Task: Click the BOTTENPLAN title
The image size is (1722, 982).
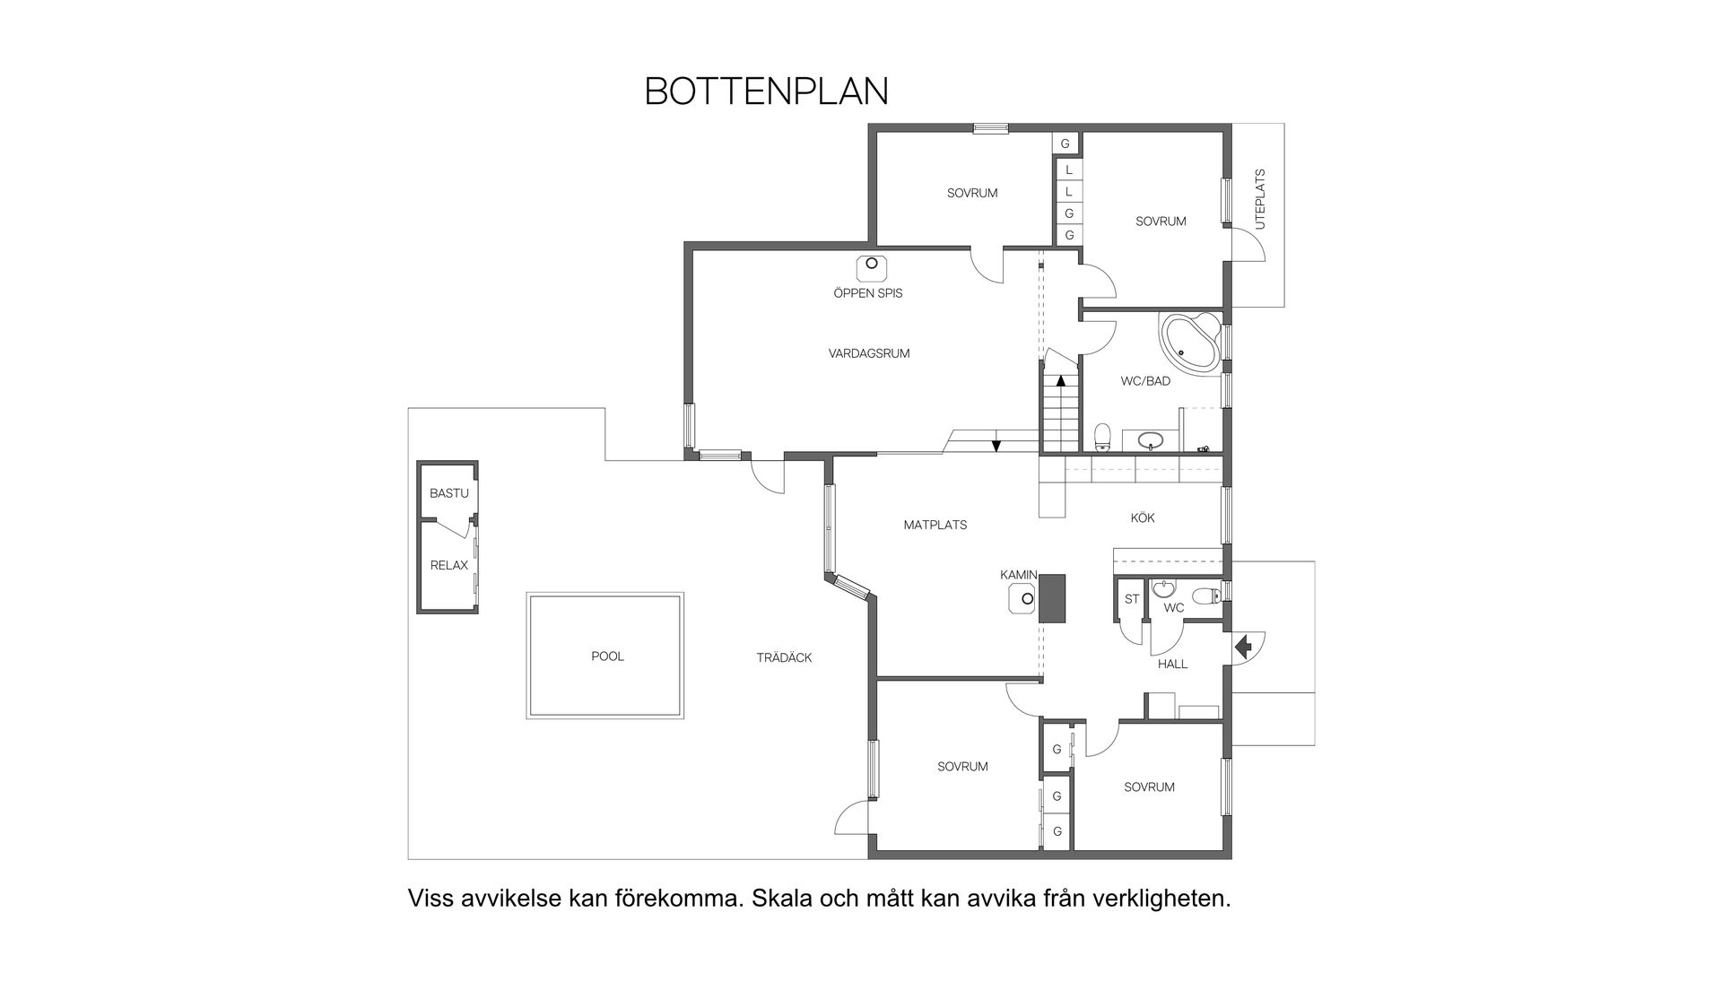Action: click(766, 91)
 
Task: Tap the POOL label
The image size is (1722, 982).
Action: click(607, 656)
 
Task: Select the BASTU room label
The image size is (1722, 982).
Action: click(448, 493)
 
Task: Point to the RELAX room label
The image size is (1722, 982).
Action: click(448, 565)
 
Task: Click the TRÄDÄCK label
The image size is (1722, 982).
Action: click(784, 657)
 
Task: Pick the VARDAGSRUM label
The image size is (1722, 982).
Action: click(868, 353)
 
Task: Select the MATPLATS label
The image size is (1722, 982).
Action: click(935, 525)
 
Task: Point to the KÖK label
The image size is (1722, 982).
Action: click(1143, 517)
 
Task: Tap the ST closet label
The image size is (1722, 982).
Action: click(1132, 599)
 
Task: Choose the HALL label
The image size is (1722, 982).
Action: click(1172, 664)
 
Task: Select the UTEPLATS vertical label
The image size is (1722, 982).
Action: click(1260, 199)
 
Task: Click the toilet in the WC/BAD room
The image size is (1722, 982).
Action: click(1103, 437)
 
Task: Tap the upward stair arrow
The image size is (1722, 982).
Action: click(1061, 380)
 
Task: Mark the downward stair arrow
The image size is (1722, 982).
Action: click(996, 446)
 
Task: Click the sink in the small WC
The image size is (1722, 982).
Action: click(1164, 589)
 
